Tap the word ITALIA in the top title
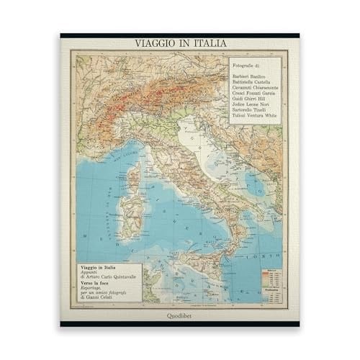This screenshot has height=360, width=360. (x=204, y=43)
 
